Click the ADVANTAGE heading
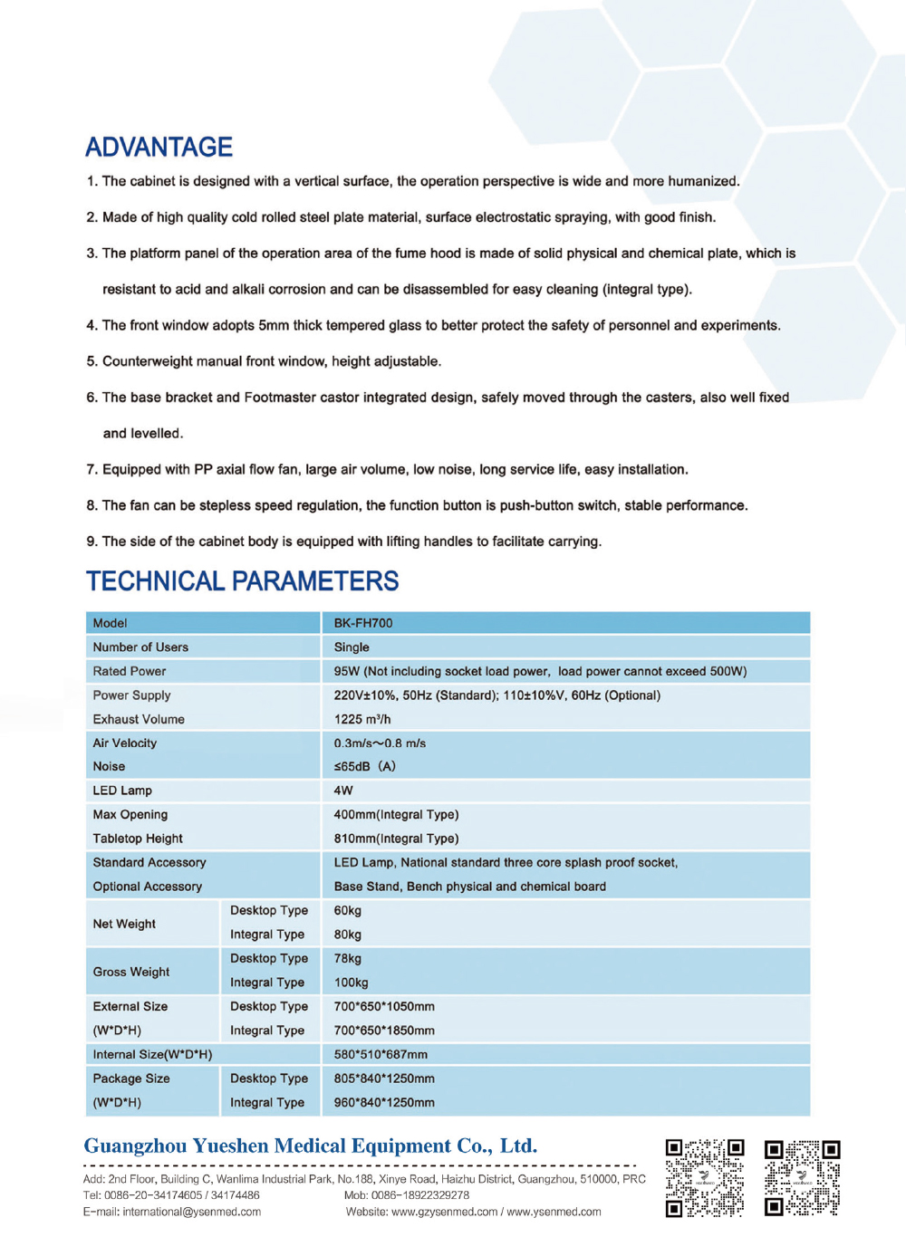coord(159,147)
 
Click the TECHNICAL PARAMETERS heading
coord(242,580)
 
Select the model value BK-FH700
coord(362,623)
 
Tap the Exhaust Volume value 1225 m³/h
coord(361,719)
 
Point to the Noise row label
coord(109,766)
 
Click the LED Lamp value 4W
coord(343,791)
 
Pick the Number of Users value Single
coord(352,647)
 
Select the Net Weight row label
coord(124,924)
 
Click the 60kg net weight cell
coord(347,910)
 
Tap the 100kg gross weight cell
coord(351,983)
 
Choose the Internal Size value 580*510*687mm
coord(381,1054)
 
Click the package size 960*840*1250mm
coord(384,1102)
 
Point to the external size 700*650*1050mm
coord(384,1006)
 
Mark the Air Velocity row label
coord(124,743)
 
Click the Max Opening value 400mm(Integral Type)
coord(396,814)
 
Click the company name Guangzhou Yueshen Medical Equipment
coord(310,1146)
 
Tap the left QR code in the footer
coord(705,1177)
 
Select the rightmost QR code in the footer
coord(802,1177)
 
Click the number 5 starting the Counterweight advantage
coord(91,361)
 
